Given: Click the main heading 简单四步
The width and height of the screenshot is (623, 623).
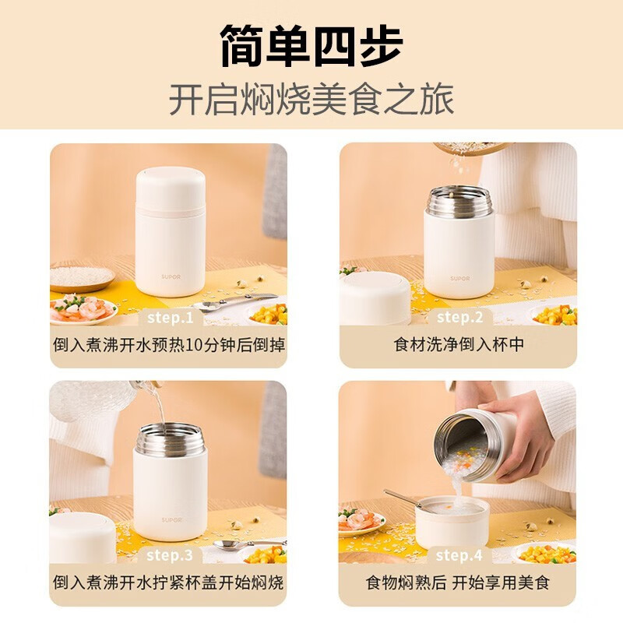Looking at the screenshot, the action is coord(311,45).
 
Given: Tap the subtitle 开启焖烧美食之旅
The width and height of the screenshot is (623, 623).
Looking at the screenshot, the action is coord(311,100).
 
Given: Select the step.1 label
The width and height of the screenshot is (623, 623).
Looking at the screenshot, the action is coord(170,318).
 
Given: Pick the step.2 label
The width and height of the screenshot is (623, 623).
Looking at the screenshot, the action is coord(459,318).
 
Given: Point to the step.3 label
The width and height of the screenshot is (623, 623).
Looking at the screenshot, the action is coord(170,555).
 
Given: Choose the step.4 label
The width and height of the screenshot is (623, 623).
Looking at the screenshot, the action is coord(459,555).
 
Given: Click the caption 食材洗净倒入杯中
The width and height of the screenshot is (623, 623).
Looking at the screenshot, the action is coord(459,344).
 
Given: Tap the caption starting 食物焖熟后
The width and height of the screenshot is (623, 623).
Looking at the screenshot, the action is coord(458,583).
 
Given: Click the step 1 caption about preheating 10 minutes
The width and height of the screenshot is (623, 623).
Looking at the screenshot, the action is coord(169,344).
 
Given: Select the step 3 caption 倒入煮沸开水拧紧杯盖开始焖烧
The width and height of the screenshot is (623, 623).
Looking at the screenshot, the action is coord(168,583).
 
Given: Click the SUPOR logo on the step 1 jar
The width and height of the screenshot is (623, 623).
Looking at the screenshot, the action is coord(171,276).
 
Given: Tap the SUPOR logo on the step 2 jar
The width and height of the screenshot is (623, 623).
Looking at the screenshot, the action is coord(460,279).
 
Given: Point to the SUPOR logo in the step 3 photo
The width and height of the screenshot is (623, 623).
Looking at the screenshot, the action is coord(171,519).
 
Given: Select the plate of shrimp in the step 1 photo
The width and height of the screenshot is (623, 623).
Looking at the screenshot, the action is coord(83,309).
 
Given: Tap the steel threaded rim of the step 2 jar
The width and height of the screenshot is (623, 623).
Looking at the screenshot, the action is coord(459,202).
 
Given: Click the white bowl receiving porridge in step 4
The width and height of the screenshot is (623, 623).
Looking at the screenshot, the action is coord(452,521).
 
